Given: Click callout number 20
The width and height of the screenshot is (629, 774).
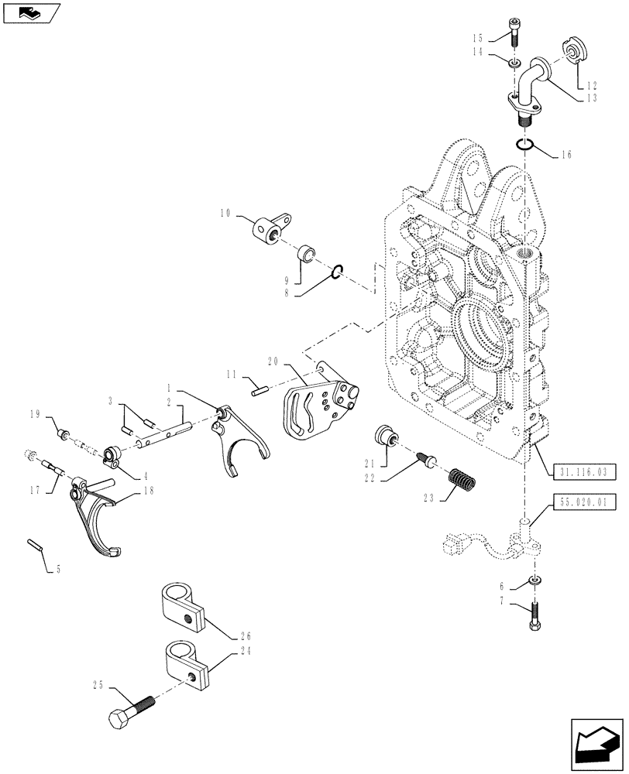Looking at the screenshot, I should (x=273, y=361).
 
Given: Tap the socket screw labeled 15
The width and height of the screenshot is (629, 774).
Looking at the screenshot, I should (x=517, y=28).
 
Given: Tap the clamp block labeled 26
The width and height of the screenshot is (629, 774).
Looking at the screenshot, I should (x=183, y=606).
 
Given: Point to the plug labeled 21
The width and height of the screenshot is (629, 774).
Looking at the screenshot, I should (x=383, y=435).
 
